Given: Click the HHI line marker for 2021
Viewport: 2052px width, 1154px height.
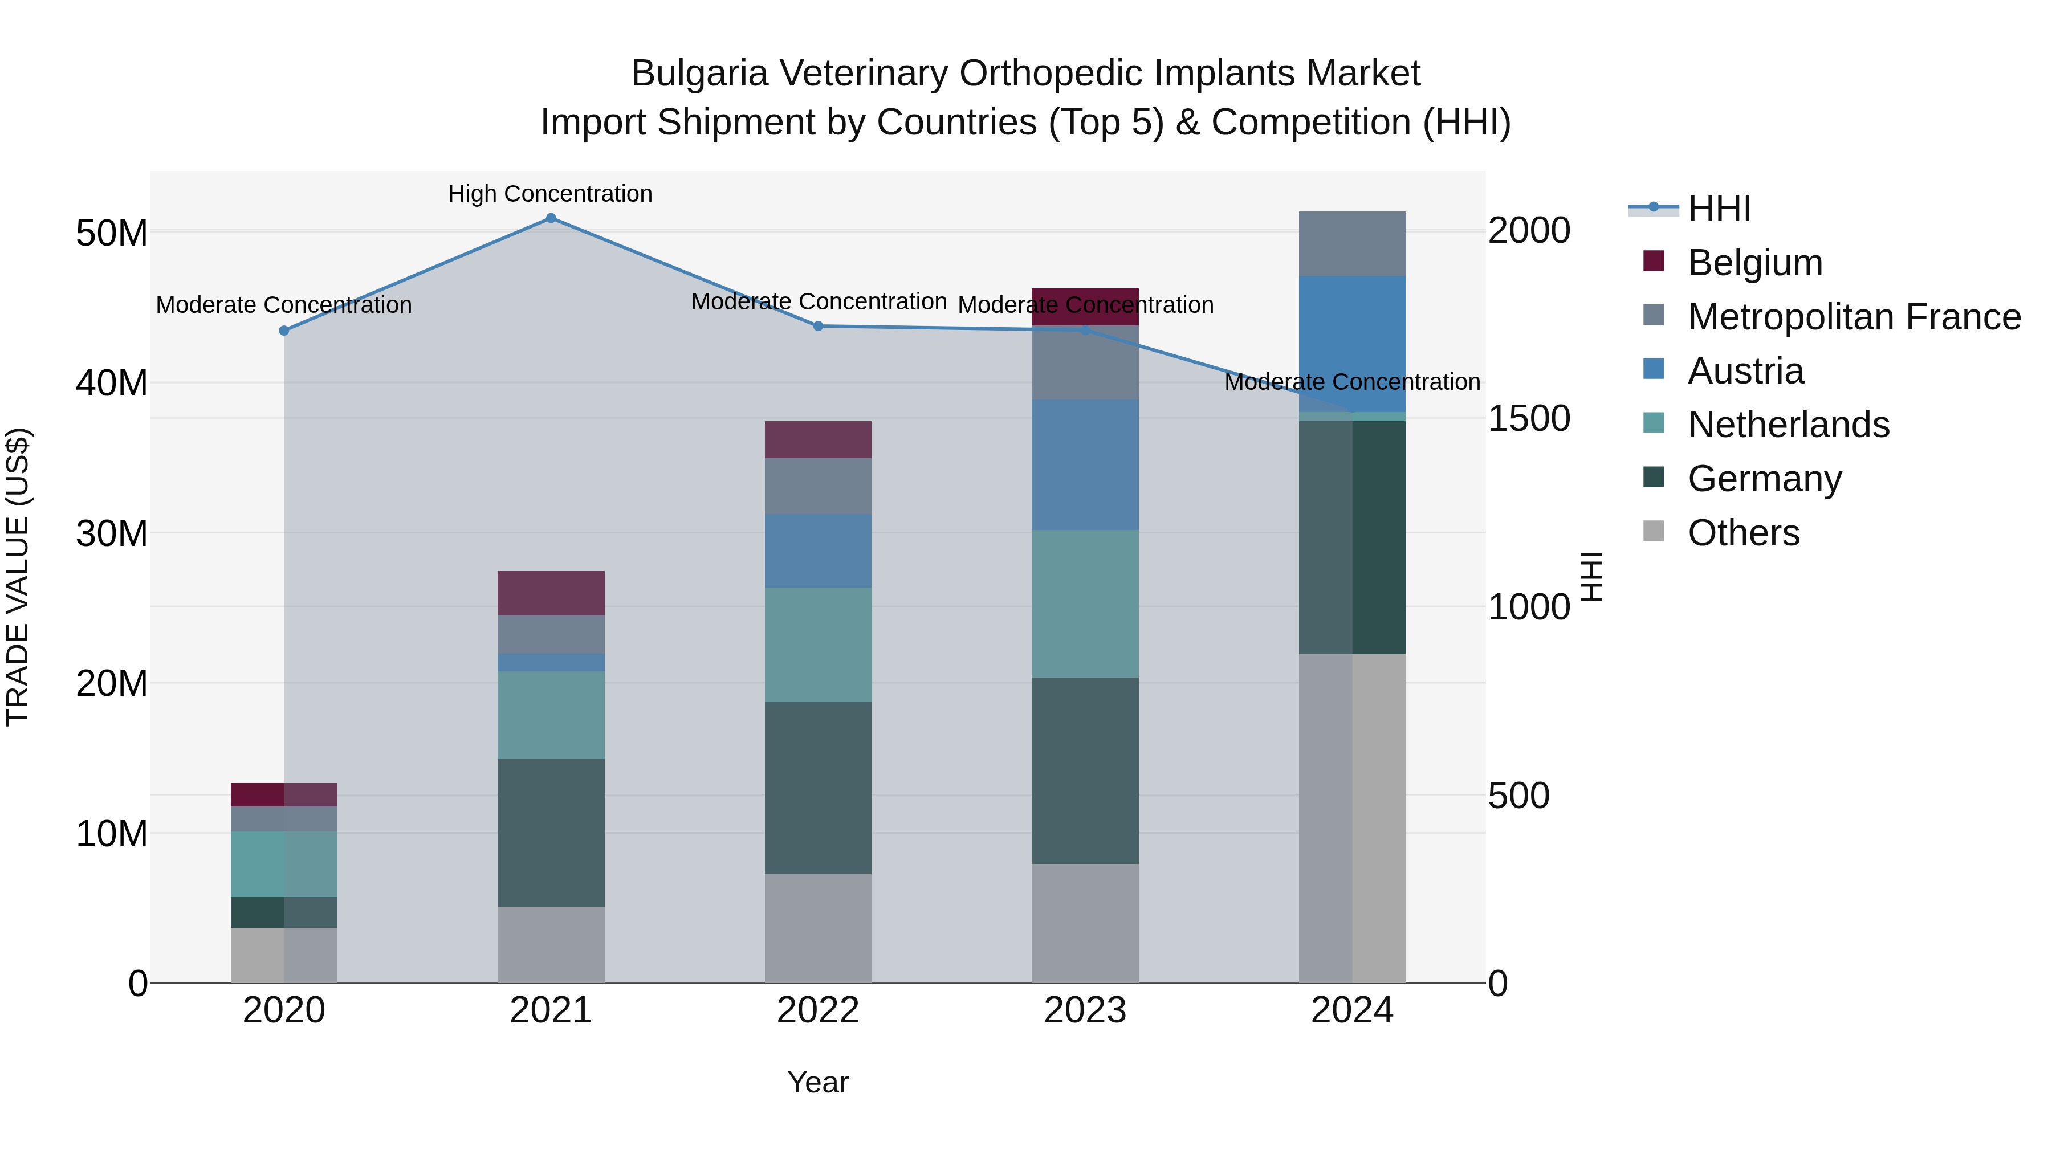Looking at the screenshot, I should pos(551,218).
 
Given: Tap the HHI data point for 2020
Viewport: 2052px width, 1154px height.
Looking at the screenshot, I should pos(284,331).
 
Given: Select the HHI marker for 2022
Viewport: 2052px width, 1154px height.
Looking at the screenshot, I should pos(818,326).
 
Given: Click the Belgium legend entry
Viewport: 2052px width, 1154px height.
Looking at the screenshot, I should pos(1755,263).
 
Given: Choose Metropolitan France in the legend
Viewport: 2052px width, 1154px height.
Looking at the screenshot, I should pos(1854,317).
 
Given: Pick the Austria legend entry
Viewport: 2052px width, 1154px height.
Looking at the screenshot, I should pos(1745,371).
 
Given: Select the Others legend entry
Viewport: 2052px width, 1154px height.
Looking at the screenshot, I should pos(1743,533).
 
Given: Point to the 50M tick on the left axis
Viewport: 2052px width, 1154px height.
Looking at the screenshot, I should pos(112,233).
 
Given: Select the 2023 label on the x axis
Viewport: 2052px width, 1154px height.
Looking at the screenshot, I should pos(1085,1010).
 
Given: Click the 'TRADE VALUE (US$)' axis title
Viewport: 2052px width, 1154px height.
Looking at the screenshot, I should pos(18,577).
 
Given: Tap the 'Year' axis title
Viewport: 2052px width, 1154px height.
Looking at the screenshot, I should pos(818,1082).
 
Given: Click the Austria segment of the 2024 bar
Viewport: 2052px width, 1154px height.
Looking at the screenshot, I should pos(1352,344).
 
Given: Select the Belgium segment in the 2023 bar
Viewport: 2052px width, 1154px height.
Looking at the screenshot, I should pos(1085,307).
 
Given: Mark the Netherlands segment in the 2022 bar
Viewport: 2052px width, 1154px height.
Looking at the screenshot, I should pos(818,645).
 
